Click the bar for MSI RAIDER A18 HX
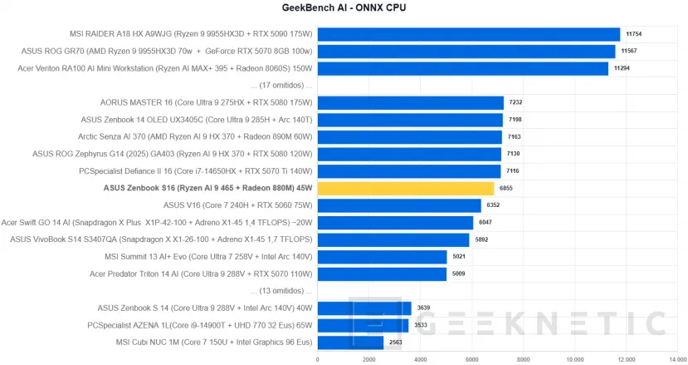468,34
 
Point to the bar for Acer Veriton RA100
462,68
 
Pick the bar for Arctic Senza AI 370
409,137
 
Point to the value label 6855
506,190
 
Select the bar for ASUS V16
399,205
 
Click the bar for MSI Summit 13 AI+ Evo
382,257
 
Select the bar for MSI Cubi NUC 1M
350,343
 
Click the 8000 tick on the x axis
523,359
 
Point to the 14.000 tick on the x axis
676,359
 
